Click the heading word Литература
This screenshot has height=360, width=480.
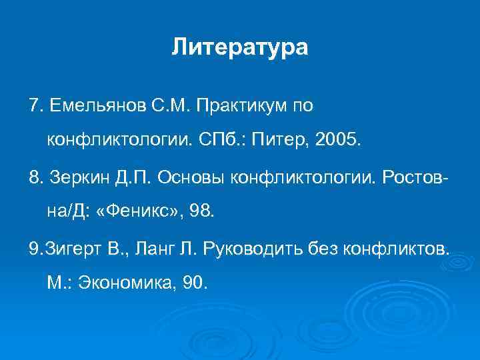[x=240, y=47]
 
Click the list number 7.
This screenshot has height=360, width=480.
[x=35, y=105]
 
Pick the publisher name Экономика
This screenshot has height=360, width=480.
[x=126, y=283]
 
